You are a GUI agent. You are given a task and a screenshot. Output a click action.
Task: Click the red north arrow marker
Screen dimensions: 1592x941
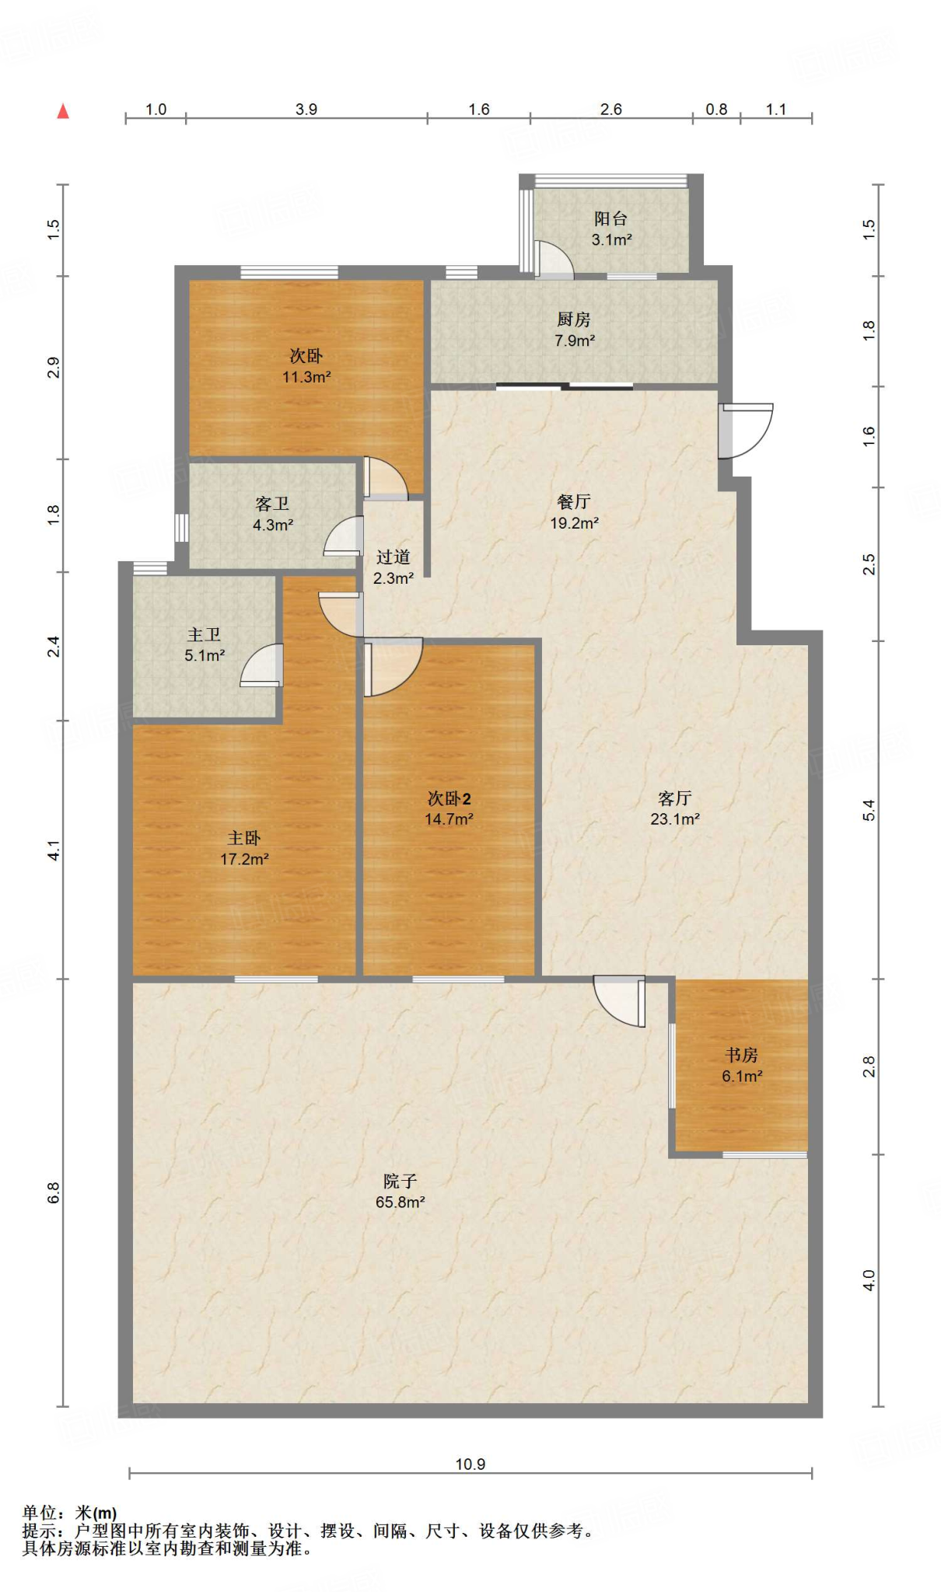(64, 111)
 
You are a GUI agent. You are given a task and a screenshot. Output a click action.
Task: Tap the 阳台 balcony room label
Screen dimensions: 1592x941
(610, 219)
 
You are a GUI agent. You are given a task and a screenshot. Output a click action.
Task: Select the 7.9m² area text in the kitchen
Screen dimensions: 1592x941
(575, 340)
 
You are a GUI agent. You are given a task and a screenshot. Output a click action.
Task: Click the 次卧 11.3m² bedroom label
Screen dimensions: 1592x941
(306, 356)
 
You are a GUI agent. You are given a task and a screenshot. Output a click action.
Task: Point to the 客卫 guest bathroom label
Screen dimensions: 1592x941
(272, 504)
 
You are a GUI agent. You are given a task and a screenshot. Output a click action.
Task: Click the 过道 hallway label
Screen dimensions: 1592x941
(393, 557)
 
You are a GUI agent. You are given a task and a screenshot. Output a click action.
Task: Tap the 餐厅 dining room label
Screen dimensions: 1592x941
(574, 502)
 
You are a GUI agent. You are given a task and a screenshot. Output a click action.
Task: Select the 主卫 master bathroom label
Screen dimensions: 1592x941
(204, 635)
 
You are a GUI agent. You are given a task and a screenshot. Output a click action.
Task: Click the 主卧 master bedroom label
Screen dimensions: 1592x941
(244, 838)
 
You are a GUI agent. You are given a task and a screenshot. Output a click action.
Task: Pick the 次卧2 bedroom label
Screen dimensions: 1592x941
(449, 798)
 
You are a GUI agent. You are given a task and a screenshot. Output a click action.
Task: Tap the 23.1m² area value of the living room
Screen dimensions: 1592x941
(675, 819)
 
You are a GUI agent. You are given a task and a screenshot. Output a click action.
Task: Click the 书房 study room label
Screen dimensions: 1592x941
(741, 1055)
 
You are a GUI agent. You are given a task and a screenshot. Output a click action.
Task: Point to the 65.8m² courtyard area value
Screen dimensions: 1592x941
(400, 1202)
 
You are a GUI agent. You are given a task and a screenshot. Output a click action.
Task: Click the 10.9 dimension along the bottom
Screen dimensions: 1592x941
(470, 1465)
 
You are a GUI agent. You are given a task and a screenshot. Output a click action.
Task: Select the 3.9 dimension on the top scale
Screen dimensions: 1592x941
(306, 109)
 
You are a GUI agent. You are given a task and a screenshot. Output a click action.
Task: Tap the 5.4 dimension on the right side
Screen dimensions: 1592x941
(869, 810)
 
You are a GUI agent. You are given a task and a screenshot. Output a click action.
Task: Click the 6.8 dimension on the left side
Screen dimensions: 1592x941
(53, 1192)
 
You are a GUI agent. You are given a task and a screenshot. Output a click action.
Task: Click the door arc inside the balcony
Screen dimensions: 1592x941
(553, 260)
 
